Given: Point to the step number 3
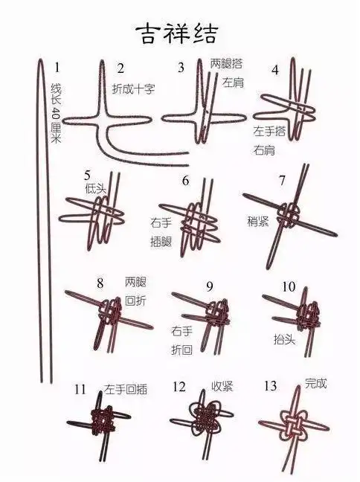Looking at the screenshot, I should (x=181, y=68).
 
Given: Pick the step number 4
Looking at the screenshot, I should (x=275, y=71).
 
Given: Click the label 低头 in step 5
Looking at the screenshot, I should (x=96, y=189).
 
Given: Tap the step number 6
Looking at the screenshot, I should (x=185, y=181).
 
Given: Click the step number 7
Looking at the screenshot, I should (x=282, y=181).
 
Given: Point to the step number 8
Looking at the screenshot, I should (x=100, y=282).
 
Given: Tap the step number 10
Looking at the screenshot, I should (x=289, y=286).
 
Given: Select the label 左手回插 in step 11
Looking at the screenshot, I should (x=126, y=388).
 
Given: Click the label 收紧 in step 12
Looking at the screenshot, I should (x=222, y=386).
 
